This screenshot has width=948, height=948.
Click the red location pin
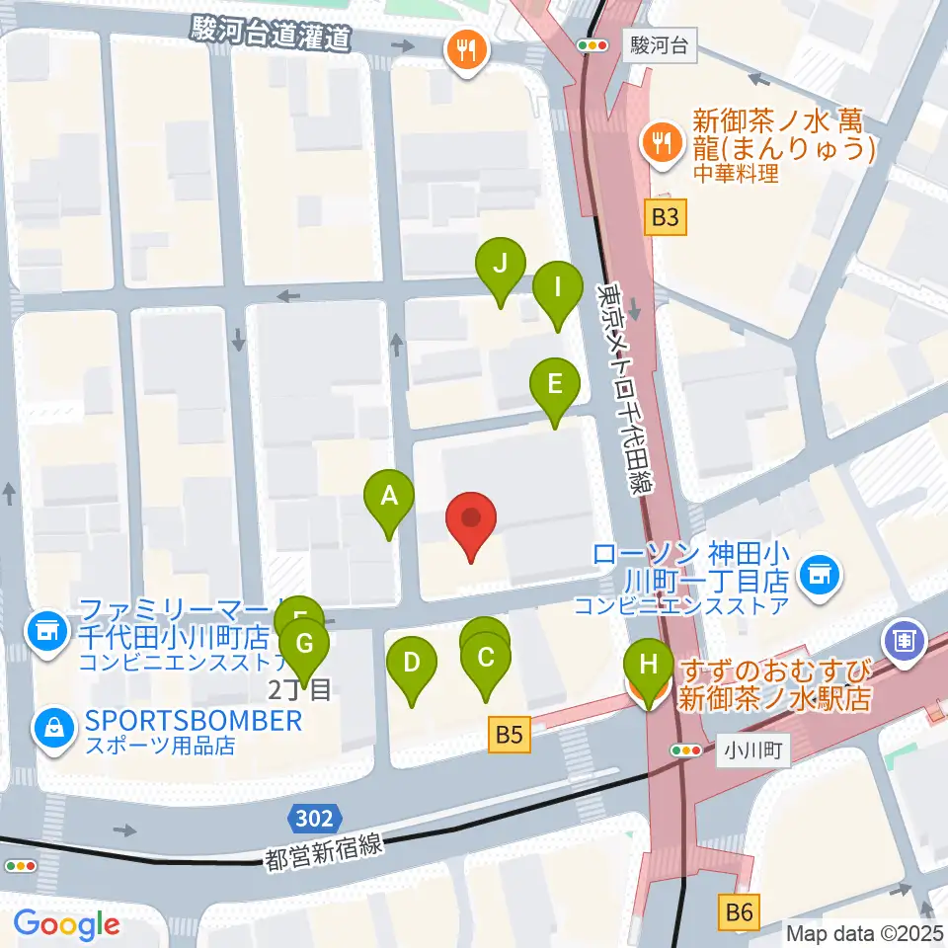471,520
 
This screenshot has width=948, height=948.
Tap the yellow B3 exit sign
666,217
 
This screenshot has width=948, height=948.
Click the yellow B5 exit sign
509,734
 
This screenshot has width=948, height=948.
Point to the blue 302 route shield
316,818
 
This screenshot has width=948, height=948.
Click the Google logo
66,924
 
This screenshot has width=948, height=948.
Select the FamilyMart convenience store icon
45,627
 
